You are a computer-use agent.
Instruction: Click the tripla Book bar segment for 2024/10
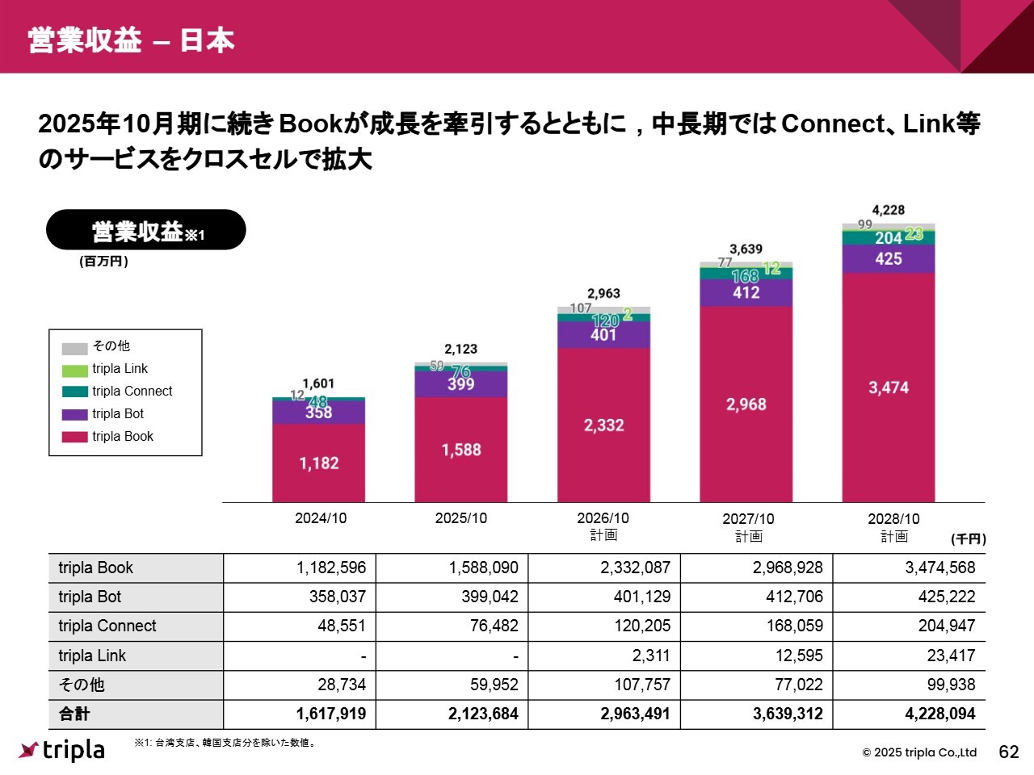tap(318, 463)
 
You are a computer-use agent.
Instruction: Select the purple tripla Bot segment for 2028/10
tap(888, 259)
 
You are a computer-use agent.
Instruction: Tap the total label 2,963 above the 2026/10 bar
tap(603, 294)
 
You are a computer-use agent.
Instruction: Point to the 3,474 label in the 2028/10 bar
tap(888, 387)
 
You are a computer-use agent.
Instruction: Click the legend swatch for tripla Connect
tap(74, 392)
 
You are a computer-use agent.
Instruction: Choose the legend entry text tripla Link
tap(120, 369)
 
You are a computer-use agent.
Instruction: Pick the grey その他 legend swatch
tap(74, 348)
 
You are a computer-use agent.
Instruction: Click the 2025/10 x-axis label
tap(460, 518)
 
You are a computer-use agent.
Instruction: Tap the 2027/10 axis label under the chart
tap(748, 519)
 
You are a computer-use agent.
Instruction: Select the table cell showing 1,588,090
tap(483, 568)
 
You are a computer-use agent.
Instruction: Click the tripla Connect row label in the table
tap(107, 626)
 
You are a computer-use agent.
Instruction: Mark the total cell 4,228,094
tap(939, 714)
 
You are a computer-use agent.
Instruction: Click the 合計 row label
tap(74, 714)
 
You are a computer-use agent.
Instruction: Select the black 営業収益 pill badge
tap(146, 231)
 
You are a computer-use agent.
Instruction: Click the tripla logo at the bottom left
tap(62, 750)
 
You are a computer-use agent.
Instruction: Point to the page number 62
tap(1009, 752)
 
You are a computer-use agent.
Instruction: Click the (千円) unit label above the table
tap(968, 539)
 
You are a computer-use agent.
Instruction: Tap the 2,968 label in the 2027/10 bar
tap(746, 404)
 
